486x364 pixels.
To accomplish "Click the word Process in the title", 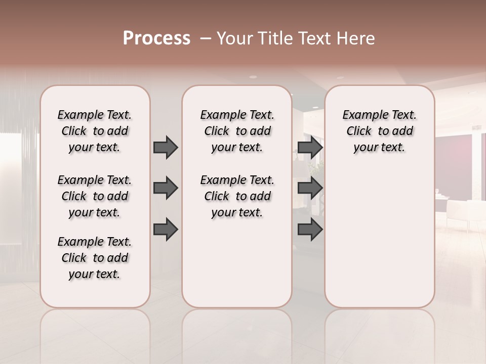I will [x=156, y=38].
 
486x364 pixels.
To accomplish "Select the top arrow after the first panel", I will [x=166, y=147].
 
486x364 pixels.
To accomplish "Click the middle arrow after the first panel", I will [x=166, y=188].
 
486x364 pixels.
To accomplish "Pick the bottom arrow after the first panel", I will [x=166, y=229].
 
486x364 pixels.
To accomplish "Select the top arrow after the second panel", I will [x=310, y=147].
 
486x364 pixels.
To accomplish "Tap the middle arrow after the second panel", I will [x=310, y=188].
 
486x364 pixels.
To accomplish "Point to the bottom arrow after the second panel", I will [x=310, y=229].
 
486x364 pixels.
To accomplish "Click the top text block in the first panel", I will [x=95, y=131].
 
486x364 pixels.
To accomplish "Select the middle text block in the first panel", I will [x=95, y=196].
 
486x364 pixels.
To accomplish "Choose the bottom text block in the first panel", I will [x=95, y=258].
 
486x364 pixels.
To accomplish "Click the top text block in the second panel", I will [x=237, y=131].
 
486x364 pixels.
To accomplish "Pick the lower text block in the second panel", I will [x=237, y=196].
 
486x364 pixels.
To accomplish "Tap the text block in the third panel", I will [x=380, y=131].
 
